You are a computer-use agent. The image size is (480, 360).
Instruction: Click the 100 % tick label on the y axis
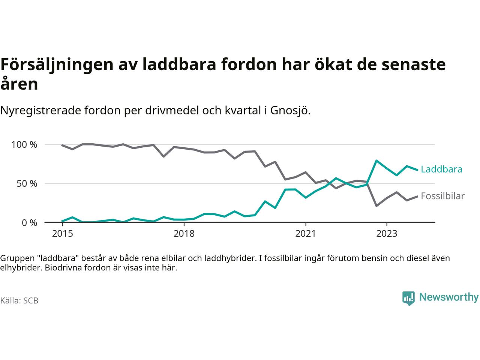pyautogui.click(x=24, y=145)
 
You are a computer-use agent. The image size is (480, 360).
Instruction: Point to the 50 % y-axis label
pyautogui.click(x=27, y=184)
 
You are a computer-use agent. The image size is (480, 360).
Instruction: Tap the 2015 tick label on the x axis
pyautogui.click(x=63, y=234)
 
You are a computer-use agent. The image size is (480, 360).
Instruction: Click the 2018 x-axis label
pyautogui.click(x=184, y=234)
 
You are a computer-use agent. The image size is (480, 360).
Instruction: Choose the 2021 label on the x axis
pyautogui.click(x=306, y=234)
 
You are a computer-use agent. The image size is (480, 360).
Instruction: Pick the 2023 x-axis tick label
pyautogui.click(x=387, y=234)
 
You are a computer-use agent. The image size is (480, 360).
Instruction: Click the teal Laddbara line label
pyautogui.click(x=441, y=169)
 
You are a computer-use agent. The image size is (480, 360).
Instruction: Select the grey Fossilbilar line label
pyautogui.click(x=442, y=196)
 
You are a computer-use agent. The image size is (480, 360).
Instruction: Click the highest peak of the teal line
pyautogui.click(x=376, y=160)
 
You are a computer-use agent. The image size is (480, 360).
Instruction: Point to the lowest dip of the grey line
pyautogui.click(x=376, y=206)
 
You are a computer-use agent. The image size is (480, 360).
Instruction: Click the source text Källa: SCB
pyautogui.click(x=19, y=301)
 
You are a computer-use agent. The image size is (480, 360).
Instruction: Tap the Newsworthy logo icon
pyautogui.click(x=408, y=298)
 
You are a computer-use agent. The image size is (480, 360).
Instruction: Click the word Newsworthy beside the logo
pyautogui.click(x=448, y=297)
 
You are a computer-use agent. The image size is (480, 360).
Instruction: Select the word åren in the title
pyautogui.click(x=19, y=84)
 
